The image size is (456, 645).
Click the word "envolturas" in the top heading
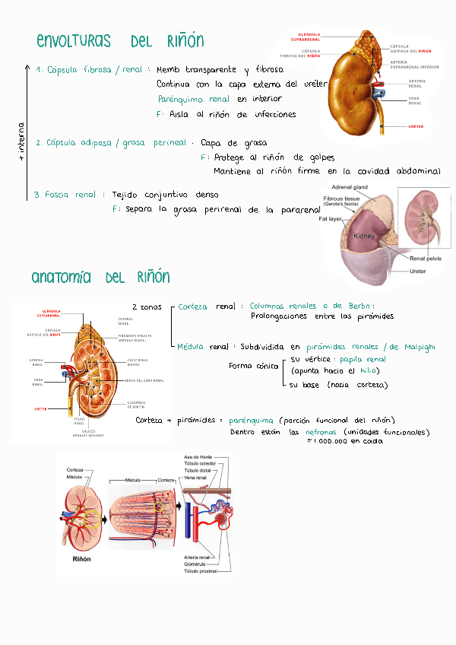pos(73,41)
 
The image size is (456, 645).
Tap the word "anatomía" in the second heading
pos(62,277)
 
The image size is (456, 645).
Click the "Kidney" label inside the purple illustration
pos(364,237)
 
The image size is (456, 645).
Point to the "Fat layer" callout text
pos(331,219)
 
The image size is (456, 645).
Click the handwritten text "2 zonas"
pos(147,307)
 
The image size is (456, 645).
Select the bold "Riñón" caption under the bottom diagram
pos(81,558)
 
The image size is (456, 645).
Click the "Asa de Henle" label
pos(199,456)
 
